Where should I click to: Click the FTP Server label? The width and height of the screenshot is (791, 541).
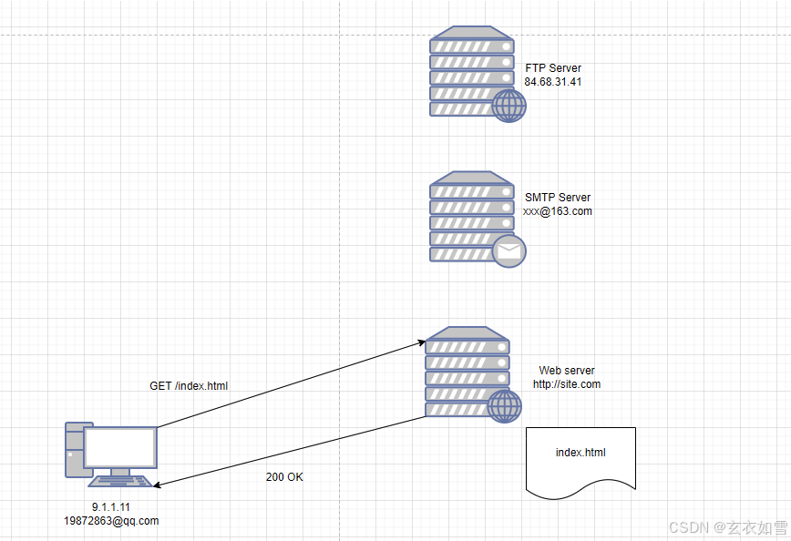pyautogui.click(x=552, y=68)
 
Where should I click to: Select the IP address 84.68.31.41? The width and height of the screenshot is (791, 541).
pyautogui.click(x=552, y=82)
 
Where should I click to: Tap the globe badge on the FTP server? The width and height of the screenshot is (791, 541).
pyautogui.click(x=508, y=106)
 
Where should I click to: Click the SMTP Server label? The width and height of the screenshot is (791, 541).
pyautogui.click(x=557, y=198)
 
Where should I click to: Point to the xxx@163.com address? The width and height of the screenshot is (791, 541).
pyautogui.click(x=557, y=211)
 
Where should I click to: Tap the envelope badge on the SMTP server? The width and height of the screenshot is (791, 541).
pyautogui.click(x=508, y=250)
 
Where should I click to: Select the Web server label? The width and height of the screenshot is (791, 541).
pyautogui.click(x=567, y=371)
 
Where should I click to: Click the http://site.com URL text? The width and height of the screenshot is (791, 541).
pyautogui.click(x=567, y=384)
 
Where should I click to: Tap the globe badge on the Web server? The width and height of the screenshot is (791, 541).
pyautogui.click(x=504, y=406)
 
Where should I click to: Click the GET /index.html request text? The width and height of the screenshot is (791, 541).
pyautogui.click(x=189, y=386)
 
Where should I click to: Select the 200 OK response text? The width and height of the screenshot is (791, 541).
pyautogui.click(x=284, y=477)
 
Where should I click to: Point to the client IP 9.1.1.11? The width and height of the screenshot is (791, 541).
pyautogui.click(x=111, y=506)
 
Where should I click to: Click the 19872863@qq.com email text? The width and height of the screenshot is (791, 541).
pyautogui.click(x=111, y=521)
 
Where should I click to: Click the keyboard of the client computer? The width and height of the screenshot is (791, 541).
pyautogui.click(x=119, y=481)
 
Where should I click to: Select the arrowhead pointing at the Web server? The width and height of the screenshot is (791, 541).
pyautogui.click(x=422, y=342)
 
